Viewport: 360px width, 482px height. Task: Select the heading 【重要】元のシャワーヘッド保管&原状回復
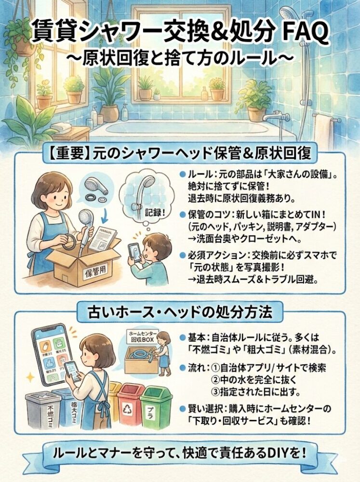(x=179, y=155)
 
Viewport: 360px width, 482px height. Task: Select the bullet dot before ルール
(x=181, y=175)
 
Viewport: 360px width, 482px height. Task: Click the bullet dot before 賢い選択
(x=182, y=409)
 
